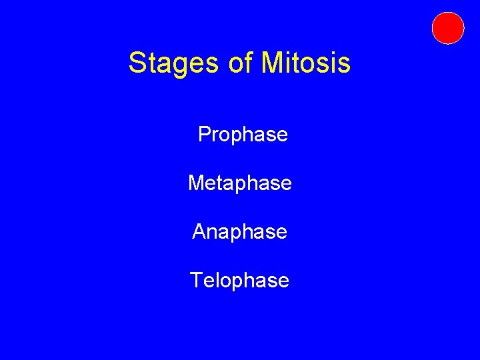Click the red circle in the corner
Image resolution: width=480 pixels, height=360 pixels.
coord(447,28)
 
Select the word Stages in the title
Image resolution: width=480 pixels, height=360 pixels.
coord(171,63)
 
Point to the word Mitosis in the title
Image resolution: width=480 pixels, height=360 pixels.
coord(306,63)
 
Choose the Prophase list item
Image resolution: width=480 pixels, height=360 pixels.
coord(243,135)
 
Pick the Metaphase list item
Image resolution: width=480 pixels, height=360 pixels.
coord(240,183)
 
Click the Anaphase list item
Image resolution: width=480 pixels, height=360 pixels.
coord(239,231)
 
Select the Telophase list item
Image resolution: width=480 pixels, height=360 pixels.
coord(239,280)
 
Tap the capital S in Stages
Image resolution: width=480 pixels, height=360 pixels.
coord(137,63)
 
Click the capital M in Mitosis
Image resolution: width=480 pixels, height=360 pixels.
coord(273,63)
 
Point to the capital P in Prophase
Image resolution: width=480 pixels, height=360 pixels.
coord(205,135)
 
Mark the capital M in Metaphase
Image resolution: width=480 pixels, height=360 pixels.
coord(197,183)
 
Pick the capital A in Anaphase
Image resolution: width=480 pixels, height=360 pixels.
coord(199,231)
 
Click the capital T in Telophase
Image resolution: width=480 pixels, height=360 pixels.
coord(197,280)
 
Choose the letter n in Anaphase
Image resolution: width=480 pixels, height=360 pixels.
coord(215,233)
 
